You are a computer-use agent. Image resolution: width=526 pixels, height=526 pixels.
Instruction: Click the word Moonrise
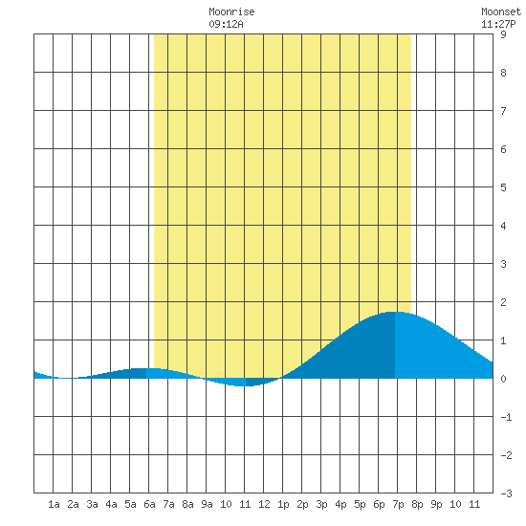231,11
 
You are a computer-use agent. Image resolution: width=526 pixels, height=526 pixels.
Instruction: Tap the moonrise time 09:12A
226,24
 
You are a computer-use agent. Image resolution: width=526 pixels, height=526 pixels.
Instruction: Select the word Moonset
501,11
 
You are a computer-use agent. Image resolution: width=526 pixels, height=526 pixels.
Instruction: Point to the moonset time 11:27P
498,24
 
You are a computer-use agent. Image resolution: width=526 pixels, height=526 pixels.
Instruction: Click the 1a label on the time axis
54,504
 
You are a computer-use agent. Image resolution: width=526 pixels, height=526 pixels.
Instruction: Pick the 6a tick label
149,504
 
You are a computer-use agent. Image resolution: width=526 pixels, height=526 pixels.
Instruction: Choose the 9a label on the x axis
207,504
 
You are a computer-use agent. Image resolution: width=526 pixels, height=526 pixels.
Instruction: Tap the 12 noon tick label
264,504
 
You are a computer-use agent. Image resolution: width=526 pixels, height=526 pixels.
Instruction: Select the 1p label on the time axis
283,504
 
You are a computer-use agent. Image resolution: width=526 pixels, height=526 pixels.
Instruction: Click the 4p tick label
340,504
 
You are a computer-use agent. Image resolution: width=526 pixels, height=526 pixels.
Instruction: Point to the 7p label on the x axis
398,504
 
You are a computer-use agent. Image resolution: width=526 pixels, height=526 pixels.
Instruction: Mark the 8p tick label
417,504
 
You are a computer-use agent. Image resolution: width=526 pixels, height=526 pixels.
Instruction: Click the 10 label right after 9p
455,504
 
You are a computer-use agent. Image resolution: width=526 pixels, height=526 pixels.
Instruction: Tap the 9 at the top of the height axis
503,34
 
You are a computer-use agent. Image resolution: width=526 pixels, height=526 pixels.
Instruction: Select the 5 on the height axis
503,187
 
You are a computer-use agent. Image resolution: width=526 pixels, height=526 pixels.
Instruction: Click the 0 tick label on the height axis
503,379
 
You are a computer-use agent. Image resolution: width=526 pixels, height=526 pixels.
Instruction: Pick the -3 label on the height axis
506,493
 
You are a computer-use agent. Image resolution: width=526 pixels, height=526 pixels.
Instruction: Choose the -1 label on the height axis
506,417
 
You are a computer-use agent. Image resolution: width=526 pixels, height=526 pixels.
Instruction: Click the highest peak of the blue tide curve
395,312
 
